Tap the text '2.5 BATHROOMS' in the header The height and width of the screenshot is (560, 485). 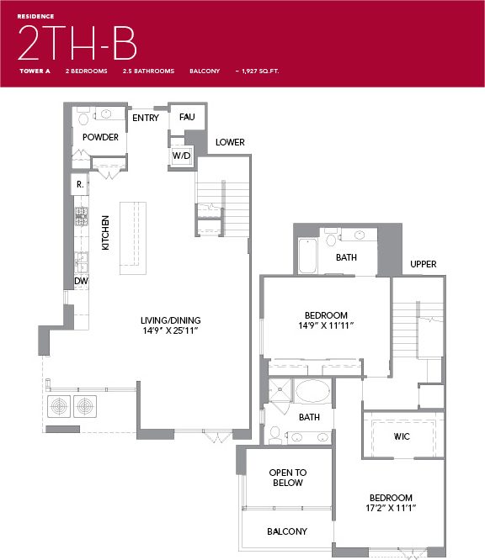click(148, 71)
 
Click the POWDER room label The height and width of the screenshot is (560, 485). click(100, 137)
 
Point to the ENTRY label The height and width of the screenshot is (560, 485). click(146, 118)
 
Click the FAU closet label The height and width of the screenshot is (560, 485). click(187, 118)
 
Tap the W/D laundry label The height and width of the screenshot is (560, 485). click(182, 156)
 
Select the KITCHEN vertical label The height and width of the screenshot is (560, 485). click(106, 233)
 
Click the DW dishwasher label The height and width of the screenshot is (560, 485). click(82, 281)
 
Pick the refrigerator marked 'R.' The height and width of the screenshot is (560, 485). click(79, 183)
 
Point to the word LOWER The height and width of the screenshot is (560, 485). click(230, 142)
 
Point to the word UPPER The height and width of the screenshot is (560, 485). click(423, 264)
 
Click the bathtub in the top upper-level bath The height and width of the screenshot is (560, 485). click(307, 257)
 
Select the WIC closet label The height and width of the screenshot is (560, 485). click(402, 436)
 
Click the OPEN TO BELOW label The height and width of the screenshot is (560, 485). click(286, 478)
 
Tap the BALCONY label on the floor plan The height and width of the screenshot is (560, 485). click(287, 531)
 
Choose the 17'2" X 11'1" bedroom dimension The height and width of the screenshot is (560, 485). click(390, 509)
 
